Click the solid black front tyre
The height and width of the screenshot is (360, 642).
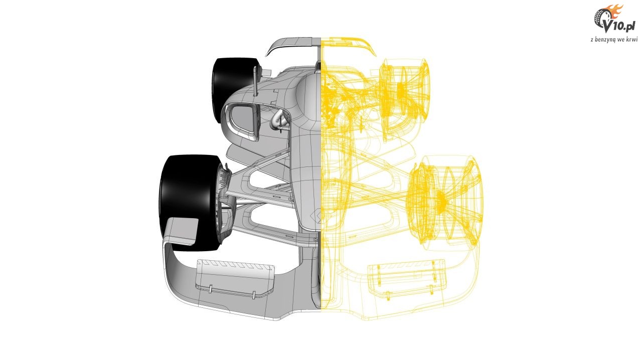tap(188, 201)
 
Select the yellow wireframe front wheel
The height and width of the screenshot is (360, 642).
tap(446, 201)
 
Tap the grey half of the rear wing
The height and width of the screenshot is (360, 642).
tap(292, 45)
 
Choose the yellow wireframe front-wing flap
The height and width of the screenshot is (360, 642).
tap(407, 278)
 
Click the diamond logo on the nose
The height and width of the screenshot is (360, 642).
tap(315, 217)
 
